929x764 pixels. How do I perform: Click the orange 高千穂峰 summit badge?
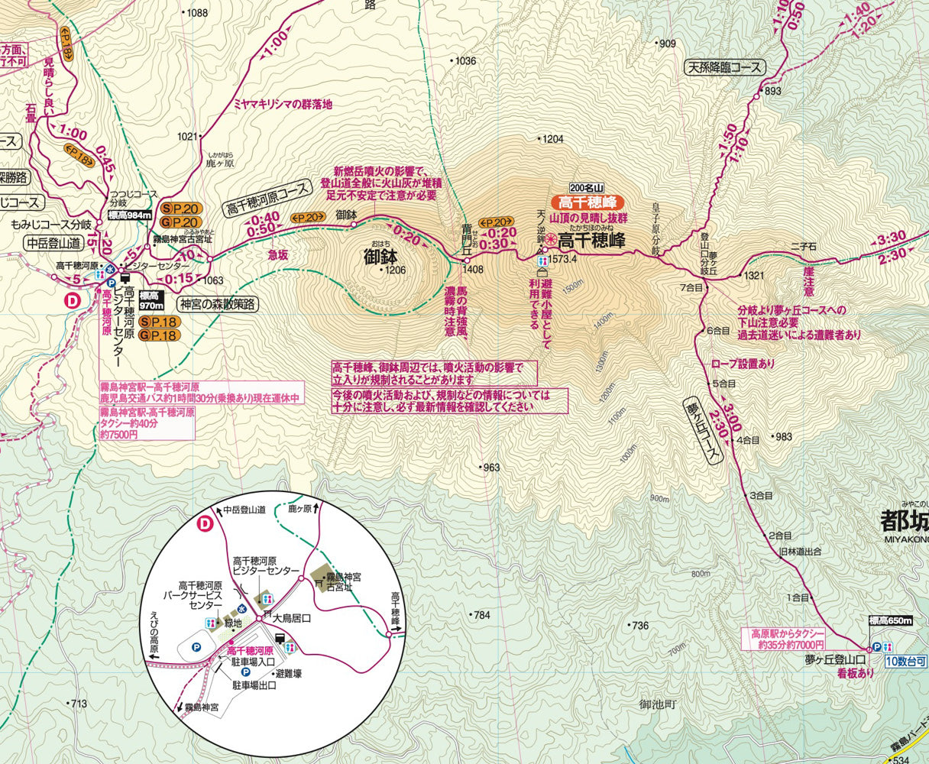click(x=587, y=202)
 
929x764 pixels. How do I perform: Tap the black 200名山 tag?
click(x=587, y=188)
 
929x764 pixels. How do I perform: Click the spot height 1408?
click(x=473, y=269)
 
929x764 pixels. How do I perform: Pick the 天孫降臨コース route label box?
click(x=724, y=67)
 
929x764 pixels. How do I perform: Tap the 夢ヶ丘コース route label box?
click(x=704, y=432)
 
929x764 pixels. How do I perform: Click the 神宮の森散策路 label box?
click(x=218, y=304)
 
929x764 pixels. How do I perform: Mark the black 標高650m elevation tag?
click(x=891, y=621)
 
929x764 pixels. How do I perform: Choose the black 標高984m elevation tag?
click(x=129, y=215)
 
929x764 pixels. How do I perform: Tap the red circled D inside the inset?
click(x=205, y=523)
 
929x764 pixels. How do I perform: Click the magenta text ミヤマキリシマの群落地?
click(x=283, y=105)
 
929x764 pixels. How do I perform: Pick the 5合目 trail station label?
click(x=724, y=384)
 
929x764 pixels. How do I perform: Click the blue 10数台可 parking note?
click(x=906, y=660)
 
